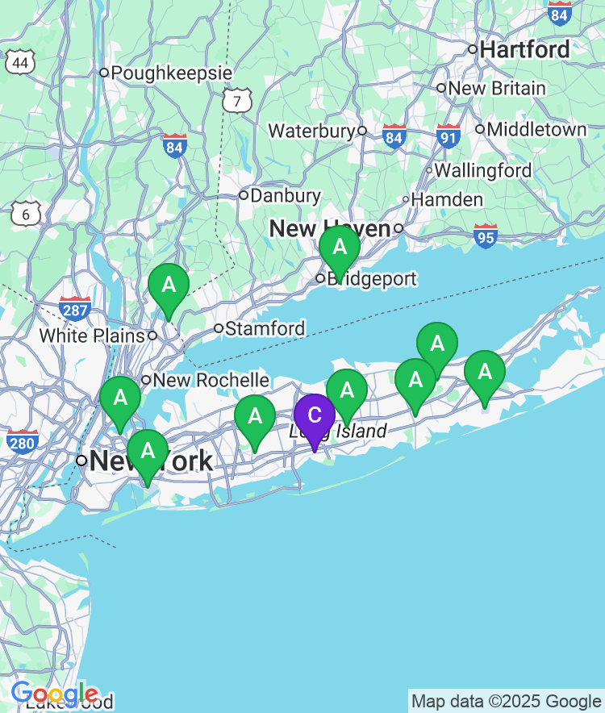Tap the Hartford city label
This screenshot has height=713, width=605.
click(x=524, y=50)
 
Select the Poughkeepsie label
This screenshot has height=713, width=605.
click(x=171, y=73)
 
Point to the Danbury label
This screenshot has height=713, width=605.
click(x=286, y=195)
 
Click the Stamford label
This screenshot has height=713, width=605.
click(x=265, y=328)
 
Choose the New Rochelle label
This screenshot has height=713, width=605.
click(x=211, y=380)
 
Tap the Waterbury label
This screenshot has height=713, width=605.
click(x=311, y=131)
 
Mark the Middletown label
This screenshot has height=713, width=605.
click(x=536, y=129)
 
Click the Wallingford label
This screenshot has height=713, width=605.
click(x=483, y=170)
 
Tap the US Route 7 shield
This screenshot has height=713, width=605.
click(x=237, y=101)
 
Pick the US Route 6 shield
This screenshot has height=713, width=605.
click(x=26, y=214)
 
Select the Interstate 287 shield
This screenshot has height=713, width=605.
click(x=74, y=308)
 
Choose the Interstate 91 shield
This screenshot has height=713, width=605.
click(x=449, y=136)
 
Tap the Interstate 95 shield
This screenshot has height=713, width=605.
click(x=486, y=236)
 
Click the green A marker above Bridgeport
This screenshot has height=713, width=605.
click(x=340, y=247)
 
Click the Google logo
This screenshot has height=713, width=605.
click(x=55, y=693)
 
